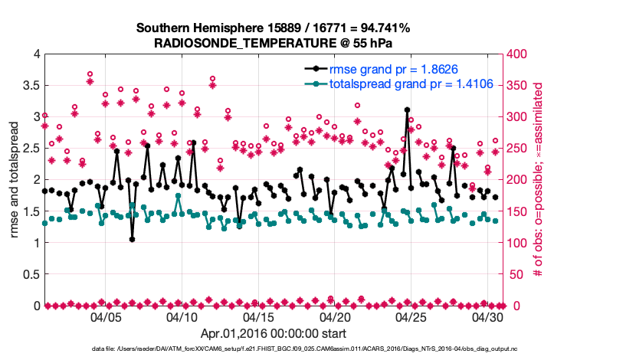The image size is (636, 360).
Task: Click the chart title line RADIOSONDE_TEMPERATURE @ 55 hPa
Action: (274, 42)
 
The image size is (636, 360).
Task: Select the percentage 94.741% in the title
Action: (382, 28)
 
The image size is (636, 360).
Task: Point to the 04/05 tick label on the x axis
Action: (106, 316)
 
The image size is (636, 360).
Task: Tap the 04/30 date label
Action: (487, 316)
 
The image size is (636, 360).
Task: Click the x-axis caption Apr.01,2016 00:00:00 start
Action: (274, 333)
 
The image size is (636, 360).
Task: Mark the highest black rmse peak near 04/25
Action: (407, 110)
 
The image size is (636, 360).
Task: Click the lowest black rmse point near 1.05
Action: (133, 240)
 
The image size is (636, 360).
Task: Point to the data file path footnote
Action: (317, 349)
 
